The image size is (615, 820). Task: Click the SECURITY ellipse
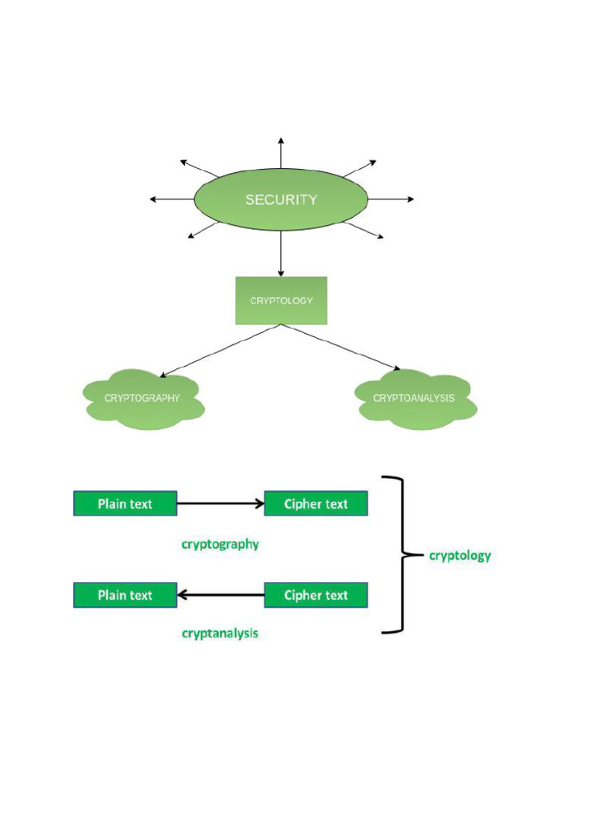[x=281, y=199]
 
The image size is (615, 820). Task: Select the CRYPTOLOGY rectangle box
[x=281, y=301]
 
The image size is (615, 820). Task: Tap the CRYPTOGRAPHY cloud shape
[x=143, y=399]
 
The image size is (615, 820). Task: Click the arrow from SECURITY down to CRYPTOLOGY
[x=281, y=254]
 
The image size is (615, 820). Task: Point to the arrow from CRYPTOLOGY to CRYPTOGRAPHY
[x=220, y=351]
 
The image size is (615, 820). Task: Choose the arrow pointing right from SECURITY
[x=391, y=199]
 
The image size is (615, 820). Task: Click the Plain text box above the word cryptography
[x=125, y=504]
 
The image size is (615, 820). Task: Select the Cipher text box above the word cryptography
[x=316, y=504]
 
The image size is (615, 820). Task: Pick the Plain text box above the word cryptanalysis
[x=125, y=595]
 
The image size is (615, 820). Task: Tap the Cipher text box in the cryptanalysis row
[x=316, y=595]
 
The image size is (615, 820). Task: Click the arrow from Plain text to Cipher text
[x=220, y=504]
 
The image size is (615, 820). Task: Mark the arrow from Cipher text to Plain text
[x=220, y=595]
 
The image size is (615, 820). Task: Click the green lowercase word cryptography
[x=220, y=545]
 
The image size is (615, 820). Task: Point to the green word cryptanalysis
[x=220, y=633]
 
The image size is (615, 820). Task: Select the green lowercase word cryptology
[x=460, y=556]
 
